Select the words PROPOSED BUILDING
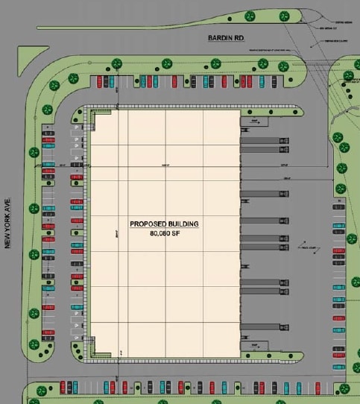(164, 224)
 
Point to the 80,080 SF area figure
(164, 233)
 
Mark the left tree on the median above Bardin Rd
(249, 16)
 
